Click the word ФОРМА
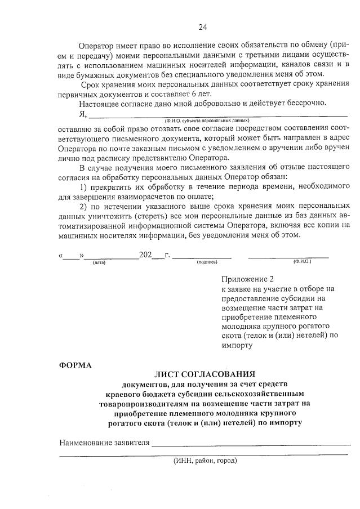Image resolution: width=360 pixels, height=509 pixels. pos(75,364)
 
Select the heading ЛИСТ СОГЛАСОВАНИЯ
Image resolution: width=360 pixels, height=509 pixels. pos(205,374)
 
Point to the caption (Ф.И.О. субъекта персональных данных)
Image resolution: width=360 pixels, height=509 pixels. pos(207,120)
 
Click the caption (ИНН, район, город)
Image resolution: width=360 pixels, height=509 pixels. pos(205,460)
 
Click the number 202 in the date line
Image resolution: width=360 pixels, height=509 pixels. pos(146,254)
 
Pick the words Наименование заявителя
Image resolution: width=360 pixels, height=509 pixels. pos(104,442)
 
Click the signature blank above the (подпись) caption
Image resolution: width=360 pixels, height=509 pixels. pos(202,256)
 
